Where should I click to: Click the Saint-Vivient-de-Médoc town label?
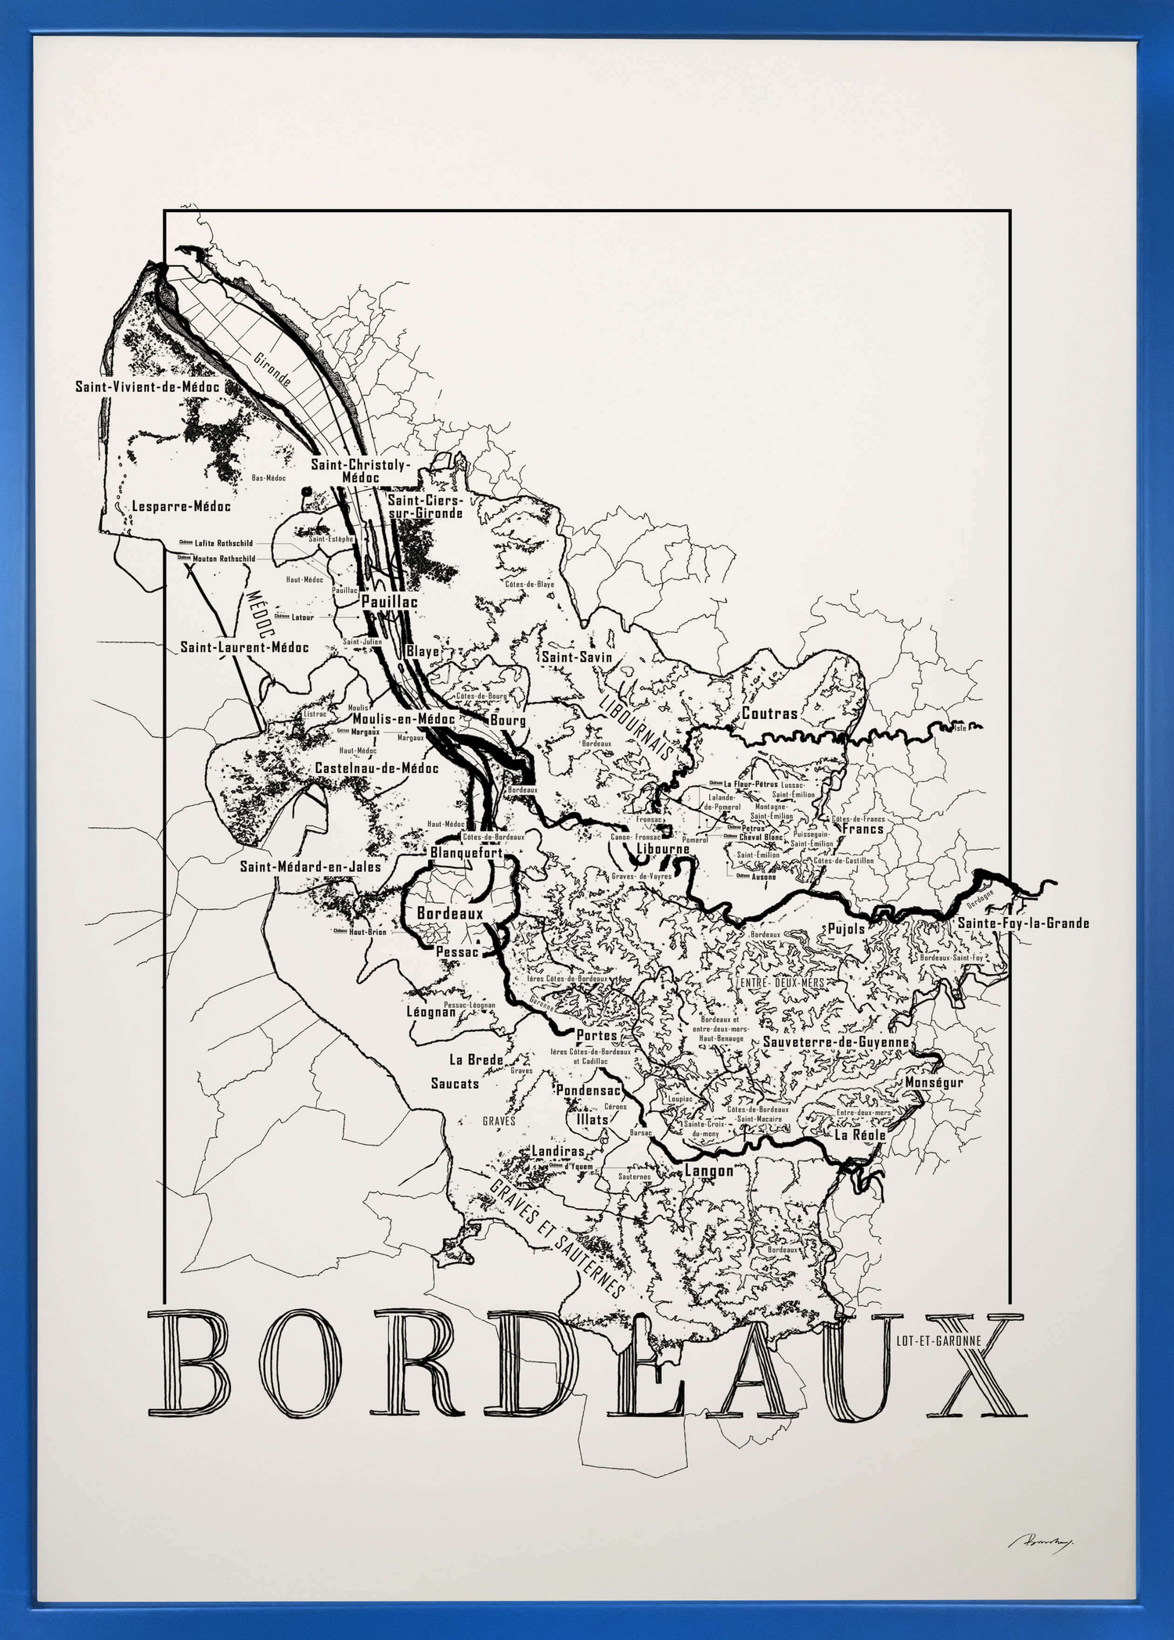(x=147, y=387)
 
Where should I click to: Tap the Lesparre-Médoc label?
(x=181, y=506)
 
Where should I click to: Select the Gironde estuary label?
(x=272, y=369)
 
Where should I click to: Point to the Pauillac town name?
(x=389, y=602)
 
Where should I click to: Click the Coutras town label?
(x=769, y=714)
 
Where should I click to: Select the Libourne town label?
(x=662, y=849)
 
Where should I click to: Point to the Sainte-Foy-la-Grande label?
(x=1023, y=923)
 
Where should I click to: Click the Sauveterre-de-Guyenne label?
(x=836, y=1042)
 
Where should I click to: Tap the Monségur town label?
(x=934, y=1082)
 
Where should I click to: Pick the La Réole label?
(x=859, y=1135)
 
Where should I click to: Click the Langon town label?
(x=709, y=1171)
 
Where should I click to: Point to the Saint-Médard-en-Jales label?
(x=311, y=866)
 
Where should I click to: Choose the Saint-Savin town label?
(x=577, y=657)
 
